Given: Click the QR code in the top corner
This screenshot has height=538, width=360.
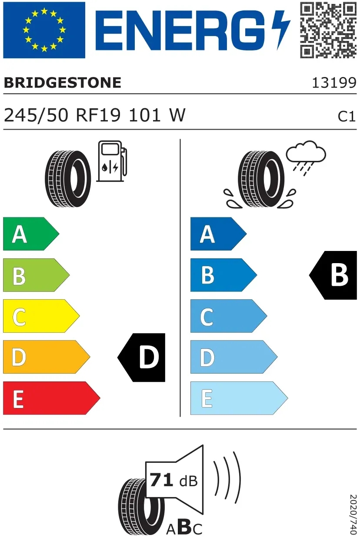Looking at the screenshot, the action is click(x=328, y=30).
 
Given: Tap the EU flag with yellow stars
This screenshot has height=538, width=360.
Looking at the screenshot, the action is click(x=44, y=30).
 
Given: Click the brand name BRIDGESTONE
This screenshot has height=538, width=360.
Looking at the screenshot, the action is click(x=63, y=83).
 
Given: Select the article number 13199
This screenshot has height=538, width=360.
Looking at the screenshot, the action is click(x=334, y=83).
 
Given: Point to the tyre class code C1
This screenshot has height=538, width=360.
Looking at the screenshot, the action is click(x=347, y=117).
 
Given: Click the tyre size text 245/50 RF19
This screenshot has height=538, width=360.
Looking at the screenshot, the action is click(x=62, y=115).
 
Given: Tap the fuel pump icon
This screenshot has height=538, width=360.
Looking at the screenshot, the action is click(x=112, y=161).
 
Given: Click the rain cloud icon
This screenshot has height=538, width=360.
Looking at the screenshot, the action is click(x=306, y=157).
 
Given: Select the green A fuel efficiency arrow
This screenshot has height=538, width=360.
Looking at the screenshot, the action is click(x=31, y=234).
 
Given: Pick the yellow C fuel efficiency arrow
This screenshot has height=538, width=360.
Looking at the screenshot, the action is click(x=41, y=316).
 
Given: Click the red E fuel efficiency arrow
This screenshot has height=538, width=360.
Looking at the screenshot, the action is click(x=51, y=398).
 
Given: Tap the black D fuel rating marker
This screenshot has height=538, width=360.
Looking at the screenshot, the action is click(x=141, y=358).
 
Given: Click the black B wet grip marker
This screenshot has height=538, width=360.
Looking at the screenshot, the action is click(x=333, y=275).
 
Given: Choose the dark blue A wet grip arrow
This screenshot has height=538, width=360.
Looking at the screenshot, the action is click(x=218, y=234).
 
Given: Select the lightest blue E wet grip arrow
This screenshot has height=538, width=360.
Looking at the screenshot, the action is click(x=239, y=398).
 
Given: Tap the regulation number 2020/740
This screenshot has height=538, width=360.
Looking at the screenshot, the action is click(x=353, y=514).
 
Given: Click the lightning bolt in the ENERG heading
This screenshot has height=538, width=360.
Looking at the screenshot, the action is click(x=280, y=30).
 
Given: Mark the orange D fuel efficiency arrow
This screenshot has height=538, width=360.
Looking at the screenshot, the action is click(x=47, y=357).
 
